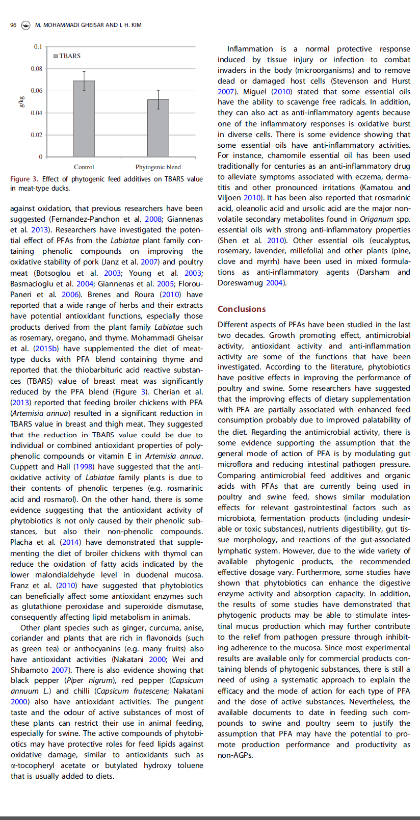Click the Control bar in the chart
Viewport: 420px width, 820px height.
pyautogui.click(x=84, y=119)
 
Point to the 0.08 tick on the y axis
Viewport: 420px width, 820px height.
pyautogui.click(x=37, y=69)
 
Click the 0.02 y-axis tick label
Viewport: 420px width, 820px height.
pyautogui.click(x=37, y=135)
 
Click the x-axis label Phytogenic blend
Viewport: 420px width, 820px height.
pyautogui.click(x=158, y=167)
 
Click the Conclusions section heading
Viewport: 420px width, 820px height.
pyautogui.click(x=242, y=309)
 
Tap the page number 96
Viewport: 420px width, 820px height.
pyautogui.click(x=13, y=25)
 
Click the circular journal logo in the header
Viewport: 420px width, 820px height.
pyautogui.click(x=25, y=25)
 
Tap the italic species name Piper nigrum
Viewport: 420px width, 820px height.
pyautogui.click(x=84, y=681)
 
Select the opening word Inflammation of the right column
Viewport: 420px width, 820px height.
pyautogui.click(x=250, y=49)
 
